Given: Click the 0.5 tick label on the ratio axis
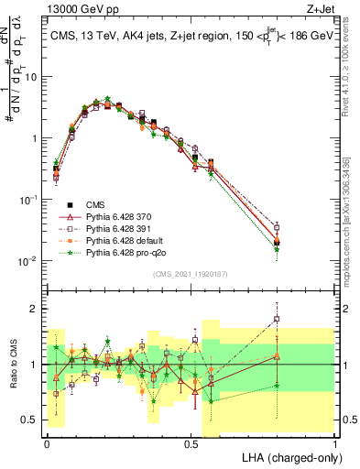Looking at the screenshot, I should [x=33, y=420].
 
